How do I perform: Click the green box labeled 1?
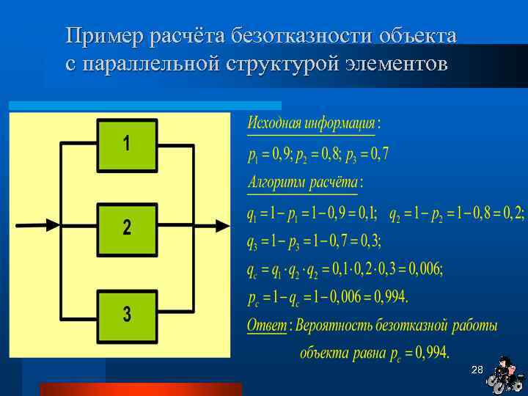(x=127, y=143)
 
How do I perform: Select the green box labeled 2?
(x=127, y=228)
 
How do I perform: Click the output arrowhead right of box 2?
(x=222, y=224)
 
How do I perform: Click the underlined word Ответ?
(x=266, y=325)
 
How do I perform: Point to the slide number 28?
(x=477, y=369)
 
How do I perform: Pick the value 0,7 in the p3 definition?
(x=379, y=154)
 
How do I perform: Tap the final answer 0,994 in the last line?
(x=432, y=353)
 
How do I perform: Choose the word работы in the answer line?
(x=473, y=325)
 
